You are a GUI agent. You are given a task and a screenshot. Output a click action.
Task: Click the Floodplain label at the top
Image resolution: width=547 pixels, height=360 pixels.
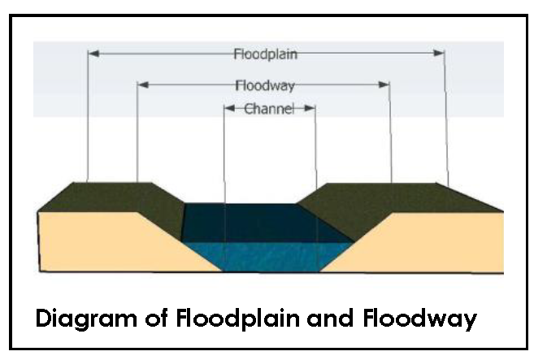(x=265, y=54)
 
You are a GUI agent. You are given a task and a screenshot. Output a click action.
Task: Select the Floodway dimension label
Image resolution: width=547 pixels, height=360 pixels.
(x=264, y=85)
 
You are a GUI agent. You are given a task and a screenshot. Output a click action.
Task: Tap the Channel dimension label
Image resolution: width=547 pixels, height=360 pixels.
(x=268, y=108)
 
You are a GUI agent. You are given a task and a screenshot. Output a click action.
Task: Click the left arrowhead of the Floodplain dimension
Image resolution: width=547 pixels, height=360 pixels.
(x=93, y=54)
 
